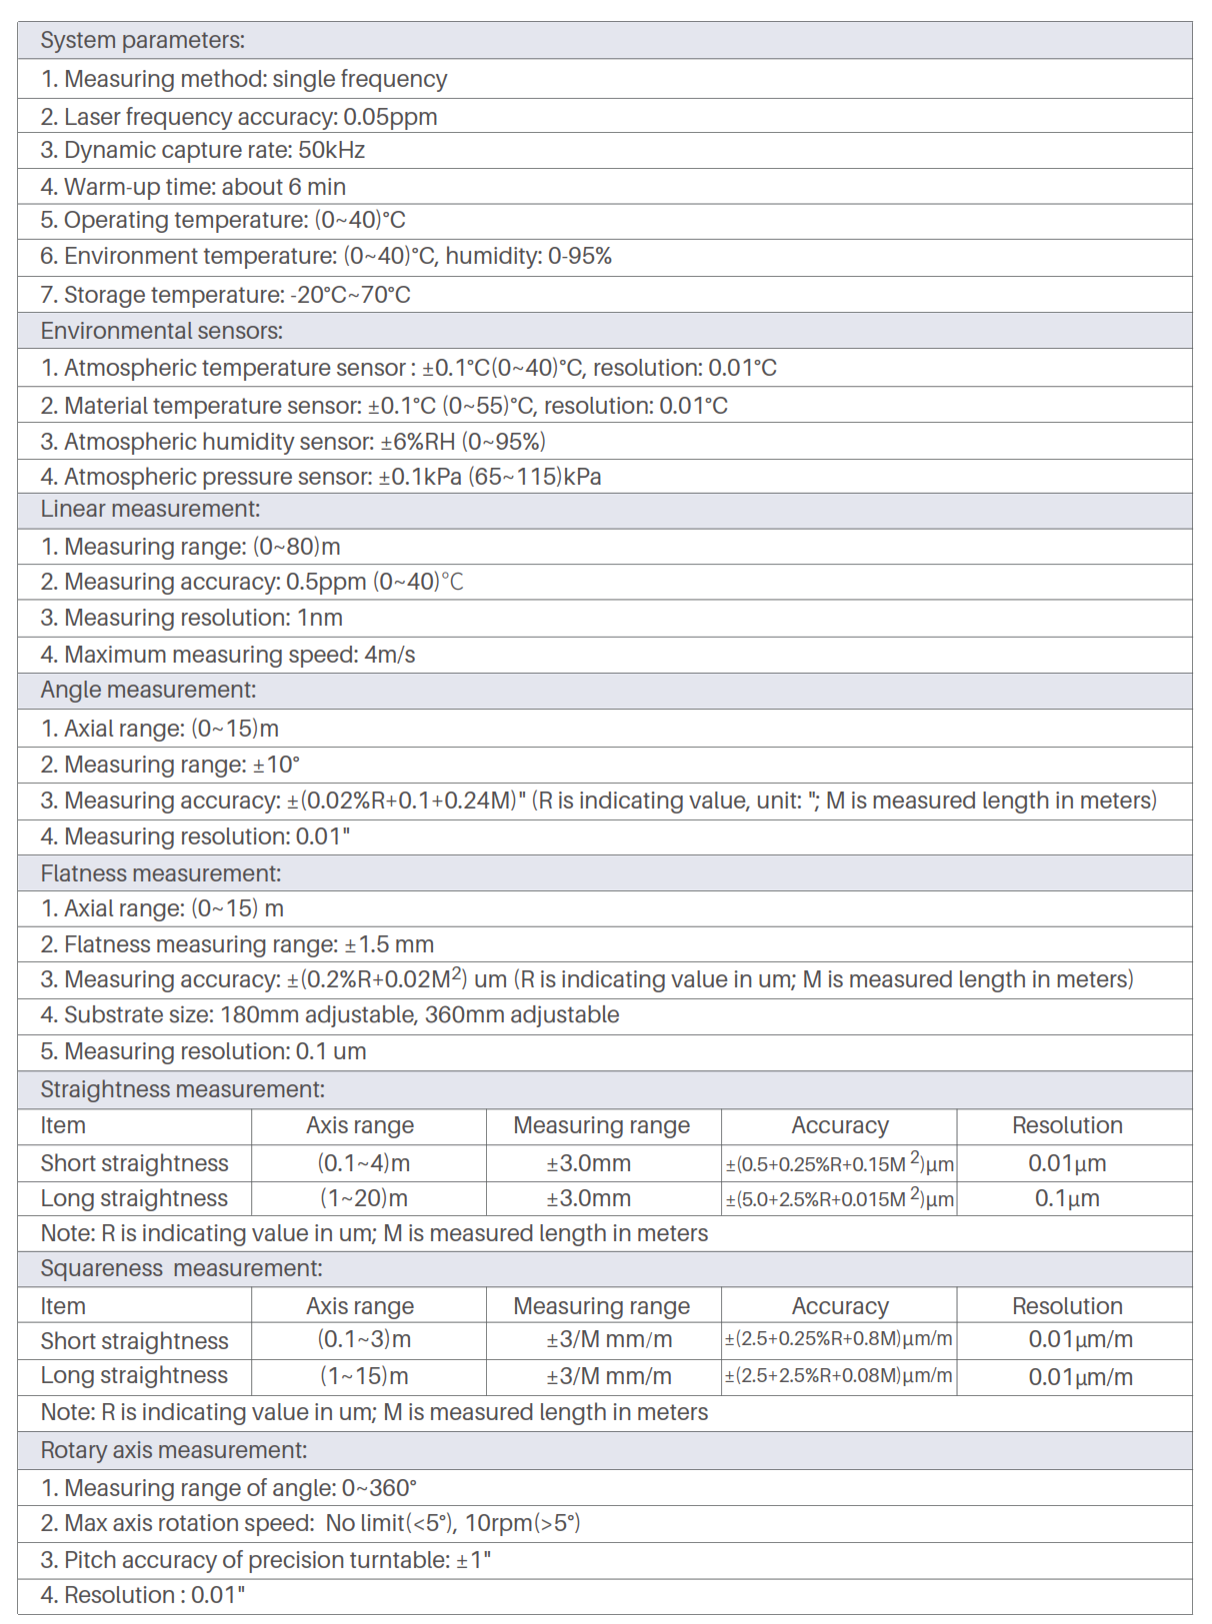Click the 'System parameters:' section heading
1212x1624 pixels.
coord(142,40)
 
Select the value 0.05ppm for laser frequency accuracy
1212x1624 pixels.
coord(390,117)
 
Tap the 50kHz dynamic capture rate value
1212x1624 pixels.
coord(332,150)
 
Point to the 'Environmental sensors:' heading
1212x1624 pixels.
coord(161,331)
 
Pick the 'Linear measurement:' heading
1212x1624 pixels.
coord(150,509)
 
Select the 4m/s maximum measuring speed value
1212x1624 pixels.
coord(390,655)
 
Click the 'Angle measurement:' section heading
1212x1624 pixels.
coord(148,690)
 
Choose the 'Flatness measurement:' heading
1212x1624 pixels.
coord(161,873)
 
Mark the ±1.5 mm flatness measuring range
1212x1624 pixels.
coord(389,944)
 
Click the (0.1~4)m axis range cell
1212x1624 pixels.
coord(364,1163)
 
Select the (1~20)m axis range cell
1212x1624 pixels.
coord(364,1198)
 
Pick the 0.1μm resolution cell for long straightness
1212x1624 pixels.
coord(1067,1198)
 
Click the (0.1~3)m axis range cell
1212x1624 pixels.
coord(364,1339)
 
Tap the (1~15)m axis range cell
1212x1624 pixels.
coord(364,1376)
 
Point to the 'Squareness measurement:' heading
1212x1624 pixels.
coord(181,1268)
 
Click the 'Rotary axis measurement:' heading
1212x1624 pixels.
coord(173,1450)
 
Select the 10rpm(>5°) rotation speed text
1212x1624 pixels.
coord(523,1523)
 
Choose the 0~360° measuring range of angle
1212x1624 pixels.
coord(379,1488)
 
